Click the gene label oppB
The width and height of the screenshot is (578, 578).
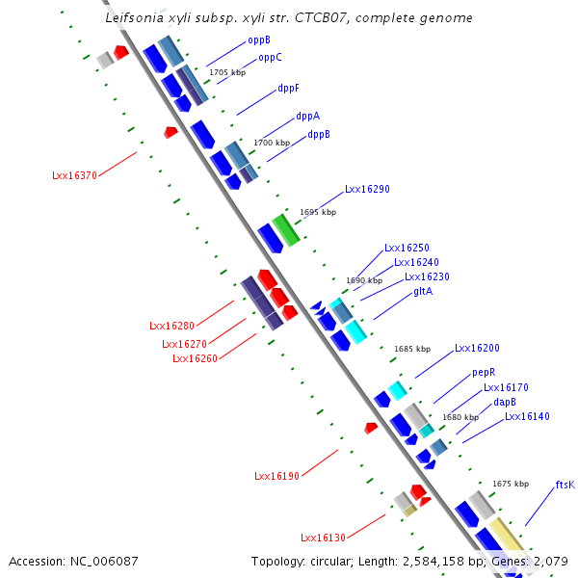(259, 40)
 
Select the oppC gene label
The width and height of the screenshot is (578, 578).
(270, 58)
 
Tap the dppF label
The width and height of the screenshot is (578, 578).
(288, 88)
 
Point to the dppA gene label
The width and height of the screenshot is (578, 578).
(307, 116)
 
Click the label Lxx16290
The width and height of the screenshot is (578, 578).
(367, 190)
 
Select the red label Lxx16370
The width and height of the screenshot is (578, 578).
(74, 176)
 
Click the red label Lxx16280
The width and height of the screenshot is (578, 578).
(172, 326)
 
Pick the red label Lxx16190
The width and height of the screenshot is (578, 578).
(277, 476)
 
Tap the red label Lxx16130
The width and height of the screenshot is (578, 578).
(323, 538)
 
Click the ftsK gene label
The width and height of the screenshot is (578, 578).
(565, 486)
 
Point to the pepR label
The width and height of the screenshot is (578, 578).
(484, 372)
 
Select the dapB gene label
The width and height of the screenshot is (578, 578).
(505, 402)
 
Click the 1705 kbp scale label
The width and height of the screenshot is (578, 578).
(227, 72)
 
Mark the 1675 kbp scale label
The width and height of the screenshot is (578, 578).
(511, 484)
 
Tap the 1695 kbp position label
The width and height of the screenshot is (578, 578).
(318, 212)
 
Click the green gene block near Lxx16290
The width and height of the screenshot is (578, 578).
(286, 229)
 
